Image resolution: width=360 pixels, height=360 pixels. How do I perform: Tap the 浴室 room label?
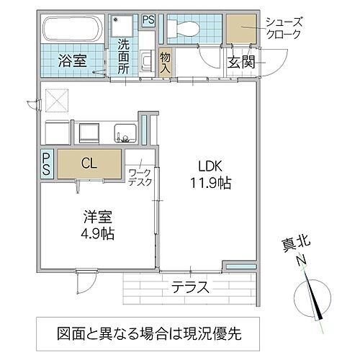click(x=72, y=61)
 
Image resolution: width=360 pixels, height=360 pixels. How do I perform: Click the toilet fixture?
click(x=183, y=30)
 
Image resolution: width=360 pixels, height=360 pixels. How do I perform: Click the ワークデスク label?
click(x=140, y=178)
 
